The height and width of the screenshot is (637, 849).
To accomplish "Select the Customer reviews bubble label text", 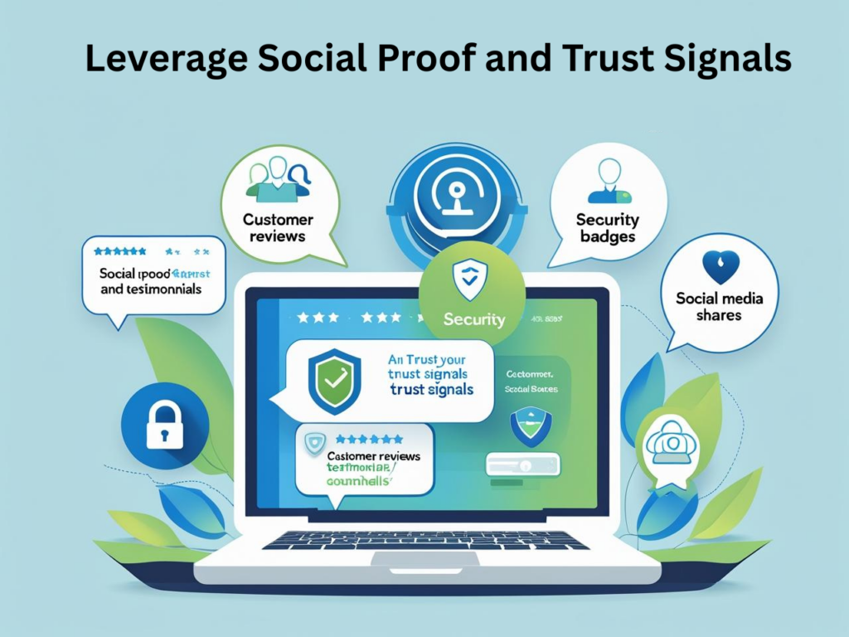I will tap(278, 229).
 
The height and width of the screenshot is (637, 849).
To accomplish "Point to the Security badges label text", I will tap(608, 228).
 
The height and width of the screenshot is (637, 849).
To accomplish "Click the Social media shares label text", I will tap(719, 307).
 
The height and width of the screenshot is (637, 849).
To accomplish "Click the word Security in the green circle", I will tap(474, 318).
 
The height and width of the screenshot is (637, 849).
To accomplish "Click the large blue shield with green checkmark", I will tap(334, 381).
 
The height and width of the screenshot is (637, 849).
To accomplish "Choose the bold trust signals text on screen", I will tap(431, 389).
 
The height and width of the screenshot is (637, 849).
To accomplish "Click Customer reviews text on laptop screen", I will tap(374, 456).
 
